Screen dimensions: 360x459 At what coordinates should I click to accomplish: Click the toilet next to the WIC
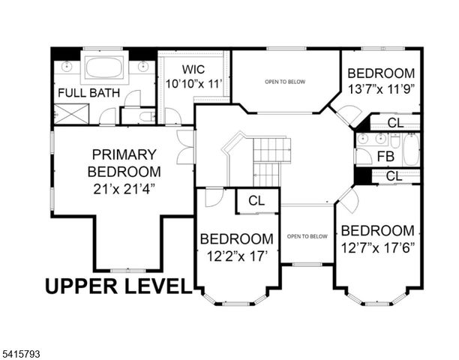click(x=142, y=115)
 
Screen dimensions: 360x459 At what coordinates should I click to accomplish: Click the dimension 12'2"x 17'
click(x=235, y=256)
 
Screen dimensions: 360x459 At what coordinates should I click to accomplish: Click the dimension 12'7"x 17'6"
click(x=377, y=247)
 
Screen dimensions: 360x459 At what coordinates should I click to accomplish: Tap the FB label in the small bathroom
click(x=385, y=157)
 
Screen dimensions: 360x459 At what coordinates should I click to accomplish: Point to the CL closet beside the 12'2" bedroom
click(x=256, y=201)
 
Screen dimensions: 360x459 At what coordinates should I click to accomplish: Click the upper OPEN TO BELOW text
click(x=285, y=81)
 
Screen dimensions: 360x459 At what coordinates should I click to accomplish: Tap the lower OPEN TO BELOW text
click(x=307, y=236)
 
